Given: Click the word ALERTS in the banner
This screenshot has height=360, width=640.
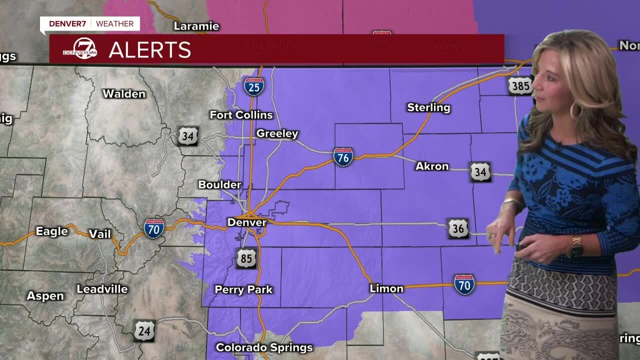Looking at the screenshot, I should pos(149,50).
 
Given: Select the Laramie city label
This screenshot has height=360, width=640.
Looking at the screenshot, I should pos(196,26).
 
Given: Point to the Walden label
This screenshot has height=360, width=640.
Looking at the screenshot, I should pos(124,93).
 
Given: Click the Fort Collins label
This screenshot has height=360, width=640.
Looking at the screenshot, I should pos(241,115).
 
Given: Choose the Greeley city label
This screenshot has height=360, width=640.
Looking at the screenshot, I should pos(277,133).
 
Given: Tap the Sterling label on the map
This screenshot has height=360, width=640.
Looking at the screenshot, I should pos(428,107).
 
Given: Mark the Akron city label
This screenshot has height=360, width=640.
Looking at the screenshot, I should pos(432,166).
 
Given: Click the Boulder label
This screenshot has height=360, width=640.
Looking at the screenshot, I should pos(219,184).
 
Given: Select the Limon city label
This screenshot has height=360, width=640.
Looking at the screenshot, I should pos(386,288).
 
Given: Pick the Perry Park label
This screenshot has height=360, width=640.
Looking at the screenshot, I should pos(243,289).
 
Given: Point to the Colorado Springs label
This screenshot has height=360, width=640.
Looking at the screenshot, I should pos(264,347).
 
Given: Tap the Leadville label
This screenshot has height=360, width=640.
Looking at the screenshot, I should pos(102,289).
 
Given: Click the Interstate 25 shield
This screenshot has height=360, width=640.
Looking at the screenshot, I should pos(254,86).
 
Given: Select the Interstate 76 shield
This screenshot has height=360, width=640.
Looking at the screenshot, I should pos(343,156).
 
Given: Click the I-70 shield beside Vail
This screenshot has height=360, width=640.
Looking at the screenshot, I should pos(154,228).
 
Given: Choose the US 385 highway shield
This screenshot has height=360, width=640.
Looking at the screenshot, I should pos(520,86).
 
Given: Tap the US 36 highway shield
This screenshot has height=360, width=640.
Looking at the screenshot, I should pos(458,228).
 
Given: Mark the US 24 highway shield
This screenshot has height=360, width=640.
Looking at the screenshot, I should pos(144,331).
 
